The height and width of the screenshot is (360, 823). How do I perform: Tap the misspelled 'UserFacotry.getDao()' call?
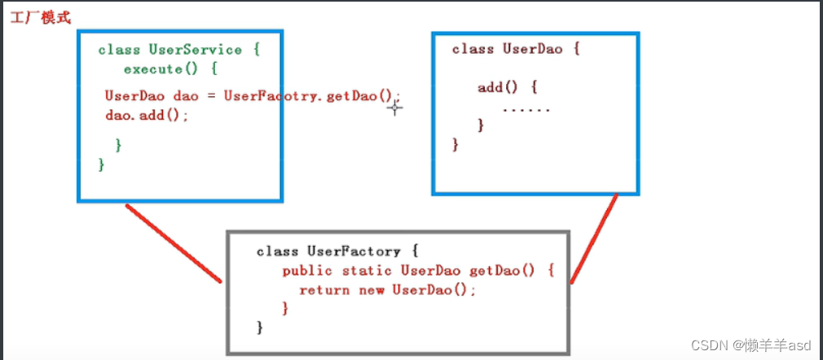point(313,96)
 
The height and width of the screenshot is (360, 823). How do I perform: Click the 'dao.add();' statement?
point(147,116)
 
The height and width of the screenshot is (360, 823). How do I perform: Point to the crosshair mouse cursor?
point(394,106)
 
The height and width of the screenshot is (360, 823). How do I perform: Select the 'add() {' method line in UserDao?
point(508,87)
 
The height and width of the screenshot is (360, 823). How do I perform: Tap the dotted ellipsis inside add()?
point(526,109)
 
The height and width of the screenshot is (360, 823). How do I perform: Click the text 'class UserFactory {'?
point(328,252)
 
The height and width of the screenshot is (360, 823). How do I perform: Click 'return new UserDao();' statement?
point(387,290)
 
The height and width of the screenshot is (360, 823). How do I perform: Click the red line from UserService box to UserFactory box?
point(174,243)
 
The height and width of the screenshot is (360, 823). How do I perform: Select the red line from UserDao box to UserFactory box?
point(594,238)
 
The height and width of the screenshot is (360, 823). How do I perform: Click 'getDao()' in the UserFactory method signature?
point(503,270)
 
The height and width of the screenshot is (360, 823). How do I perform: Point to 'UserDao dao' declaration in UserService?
point(152,96)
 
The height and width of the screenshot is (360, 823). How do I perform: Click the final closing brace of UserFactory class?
point(260,327)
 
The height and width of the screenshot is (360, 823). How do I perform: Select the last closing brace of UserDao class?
point(456,145)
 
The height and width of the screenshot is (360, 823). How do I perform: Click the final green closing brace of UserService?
point(102,165)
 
